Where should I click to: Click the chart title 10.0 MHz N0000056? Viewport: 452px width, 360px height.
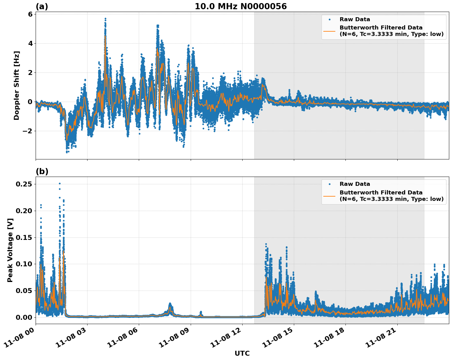tap(241, 6)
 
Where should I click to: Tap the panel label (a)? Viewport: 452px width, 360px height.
tap(42, 6)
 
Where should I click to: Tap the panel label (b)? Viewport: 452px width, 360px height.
tap(42, 171)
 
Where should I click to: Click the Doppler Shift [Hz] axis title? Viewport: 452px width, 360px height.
tap(17, 85)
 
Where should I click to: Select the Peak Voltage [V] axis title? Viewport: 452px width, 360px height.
tap(10, 250)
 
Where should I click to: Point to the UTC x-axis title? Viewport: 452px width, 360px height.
tap(242, 354)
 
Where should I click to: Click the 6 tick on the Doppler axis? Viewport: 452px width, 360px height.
tap(30, 14)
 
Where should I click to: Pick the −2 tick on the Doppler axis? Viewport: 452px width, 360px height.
tap(28, 131)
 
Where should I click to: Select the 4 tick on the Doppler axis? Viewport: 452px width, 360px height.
tap(30, 43)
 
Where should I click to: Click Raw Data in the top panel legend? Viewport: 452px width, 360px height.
tap(355, 19)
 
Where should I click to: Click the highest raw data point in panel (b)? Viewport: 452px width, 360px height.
tap(60, 184)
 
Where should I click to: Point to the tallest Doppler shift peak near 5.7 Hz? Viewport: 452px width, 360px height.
tap(105, 18)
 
